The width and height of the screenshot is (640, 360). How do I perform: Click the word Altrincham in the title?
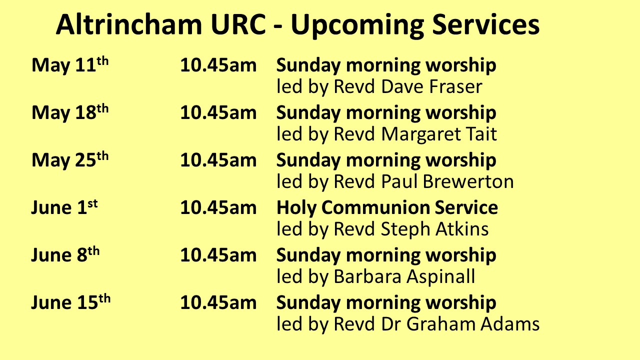(129, 24)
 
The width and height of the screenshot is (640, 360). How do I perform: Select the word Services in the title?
(485, 24)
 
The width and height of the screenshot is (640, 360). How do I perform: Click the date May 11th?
(70, 65)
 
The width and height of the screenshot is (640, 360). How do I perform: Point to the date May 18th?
(70, 112)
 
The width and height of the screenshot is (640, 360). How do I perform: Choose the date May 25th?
(70, 159)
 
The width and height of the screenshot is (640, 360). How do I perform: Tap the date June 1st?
(64, 207)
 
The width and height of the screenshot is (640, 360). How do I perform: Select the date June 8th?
(65, 254)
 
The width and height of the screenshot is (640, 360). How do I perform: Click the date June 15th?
(70, 302)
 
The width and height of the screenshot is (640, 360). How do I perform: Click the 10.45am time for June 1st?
(218, 207)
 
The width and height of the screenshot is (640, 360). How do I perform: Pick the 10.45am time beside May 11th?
(218, 65)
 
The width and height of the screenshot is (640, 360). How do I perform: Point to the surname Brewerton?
(468, 181)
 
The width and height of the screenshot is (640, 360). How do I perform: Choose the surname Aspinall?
(440, 277)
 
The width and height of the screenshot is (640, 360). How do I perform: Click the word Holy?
(296, 208)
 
